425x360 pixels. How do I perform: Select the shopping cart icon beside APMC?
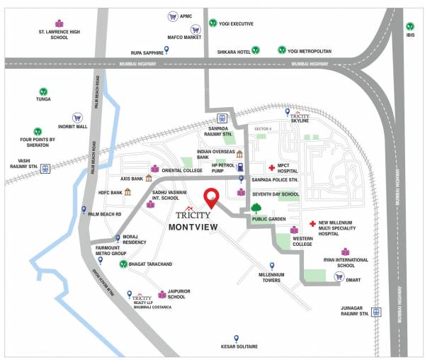172,16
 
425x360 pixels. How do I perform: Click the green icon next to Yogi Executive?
212,23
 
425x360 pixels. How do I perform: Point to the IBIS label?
410,35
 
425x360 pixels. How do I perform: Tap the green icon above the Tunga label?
43,91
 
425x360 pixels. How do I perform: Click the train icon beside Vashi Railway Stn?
46,169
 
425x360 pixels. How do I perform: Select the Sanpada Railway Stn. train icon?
222,118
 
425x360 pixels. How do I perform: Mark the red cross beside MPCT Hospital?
271,168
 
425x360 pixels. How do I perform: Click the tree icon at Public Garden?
255,208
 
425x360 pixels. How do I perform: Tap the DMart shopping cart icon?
339,276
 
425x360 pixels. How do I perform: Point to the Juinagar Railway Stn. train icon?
376,312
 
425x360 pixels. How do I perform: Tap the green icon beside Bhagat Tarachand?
123,264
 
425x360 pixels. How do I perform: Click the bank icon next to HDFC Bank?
127,191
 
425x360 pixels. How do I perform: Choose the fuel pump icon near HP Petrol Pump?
241,168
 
